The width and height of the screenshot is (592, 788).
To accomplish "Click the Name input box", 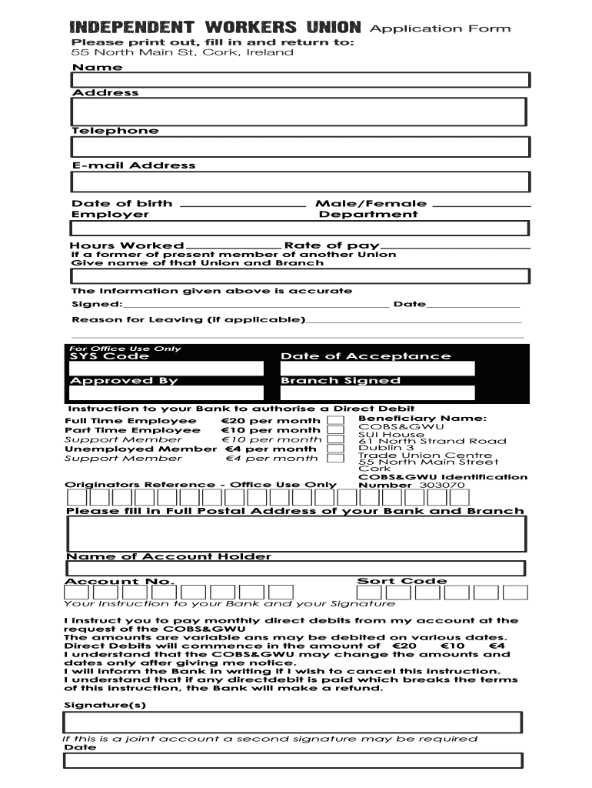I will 300,81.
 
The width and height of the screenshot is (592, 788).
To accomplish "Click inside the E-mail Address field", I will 300,182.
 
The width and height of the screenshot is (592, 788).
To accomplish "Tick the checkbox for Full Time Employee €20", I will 335,421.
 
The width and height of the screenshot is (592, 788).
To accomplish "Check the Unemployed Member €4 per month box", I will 335,449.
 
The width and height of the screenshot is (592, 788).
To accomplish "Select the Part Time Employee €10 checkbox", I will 335,431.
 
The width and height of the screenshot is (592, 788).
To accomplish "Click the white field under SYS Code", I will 166,369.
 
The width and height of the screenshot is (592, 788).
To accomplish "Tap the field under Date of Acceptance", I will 377,369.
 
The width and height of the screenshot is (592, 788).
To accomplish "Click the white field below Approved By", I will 166,394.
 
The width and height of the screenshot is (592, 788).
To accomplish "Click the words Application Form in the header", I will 440,28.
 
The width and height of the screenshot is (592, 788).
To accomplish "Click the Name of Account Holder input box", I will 296,569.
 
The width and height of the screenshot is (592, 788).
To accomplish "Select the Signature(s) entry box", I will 293,722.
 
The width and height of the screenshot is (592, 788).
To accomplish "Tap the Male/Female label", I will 371,204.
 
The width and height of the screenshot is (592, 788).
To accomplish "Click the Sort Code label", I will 401,581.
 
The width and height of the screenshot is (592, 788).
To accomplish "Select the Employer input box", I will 300,229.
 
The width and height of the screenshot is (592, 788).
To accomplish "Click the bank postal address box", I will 296,533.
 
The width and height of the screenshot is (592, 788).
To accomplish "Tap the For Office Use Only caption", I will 125,349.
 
